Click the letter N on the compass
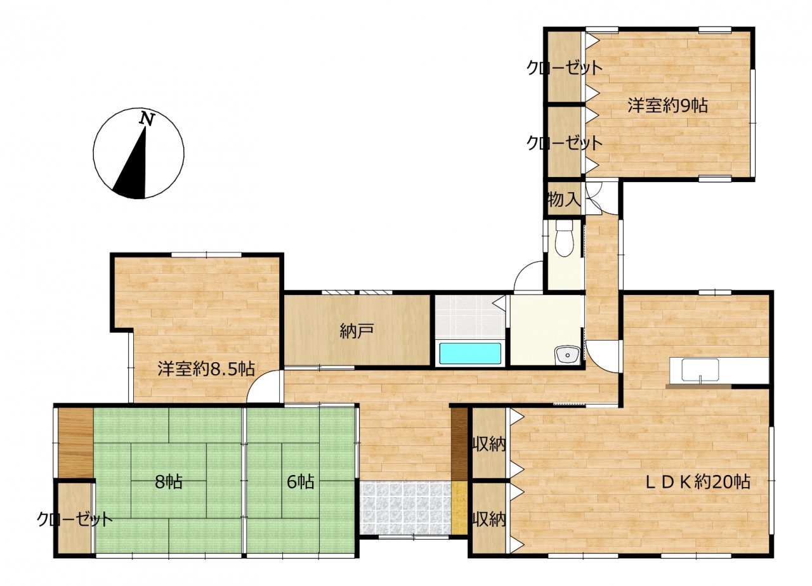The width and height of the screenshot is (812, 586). pos(148,119)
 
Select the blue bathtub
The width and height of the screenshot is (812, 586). pos(470,353)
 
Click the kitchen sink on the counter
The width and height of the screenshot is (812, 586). pos(700,370)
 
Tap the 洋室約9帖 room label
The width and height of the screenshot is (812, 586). pos(667,106)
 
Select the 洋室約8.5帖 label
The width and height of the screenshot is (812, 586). pos(206,369)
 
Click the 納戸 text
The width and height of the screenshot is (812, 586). pos(357,330)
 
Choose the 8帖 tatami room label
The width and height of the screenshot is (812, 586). pos(169,482)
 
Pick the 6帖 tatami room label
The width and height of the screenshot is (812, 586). pos(301,482)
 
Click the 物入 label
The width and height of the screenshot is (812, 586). pos(564,199)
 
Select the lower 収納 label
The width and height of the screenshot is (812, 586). pos(489,520)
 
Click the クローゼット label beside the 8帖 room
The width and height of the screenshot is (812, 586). pos(74,519)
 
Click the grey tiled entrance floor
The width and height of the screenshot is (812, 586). pos(406,507)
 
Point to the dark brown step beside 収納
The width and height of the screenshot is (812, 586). pos(459,444)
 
